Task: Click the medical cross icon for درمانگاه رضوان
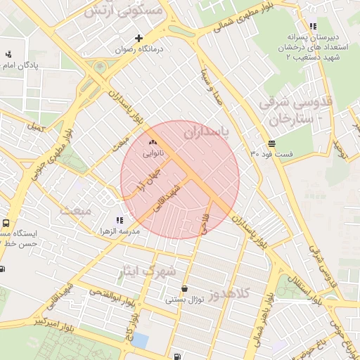139,38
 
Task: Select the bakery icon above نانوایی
153,142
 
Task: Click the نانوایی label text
153,152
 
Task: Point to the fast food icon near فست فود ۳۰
271,143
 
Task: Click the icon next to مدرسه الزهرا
128,221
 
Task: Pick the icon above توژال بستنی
184,288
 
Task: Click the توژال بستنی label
184,300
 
